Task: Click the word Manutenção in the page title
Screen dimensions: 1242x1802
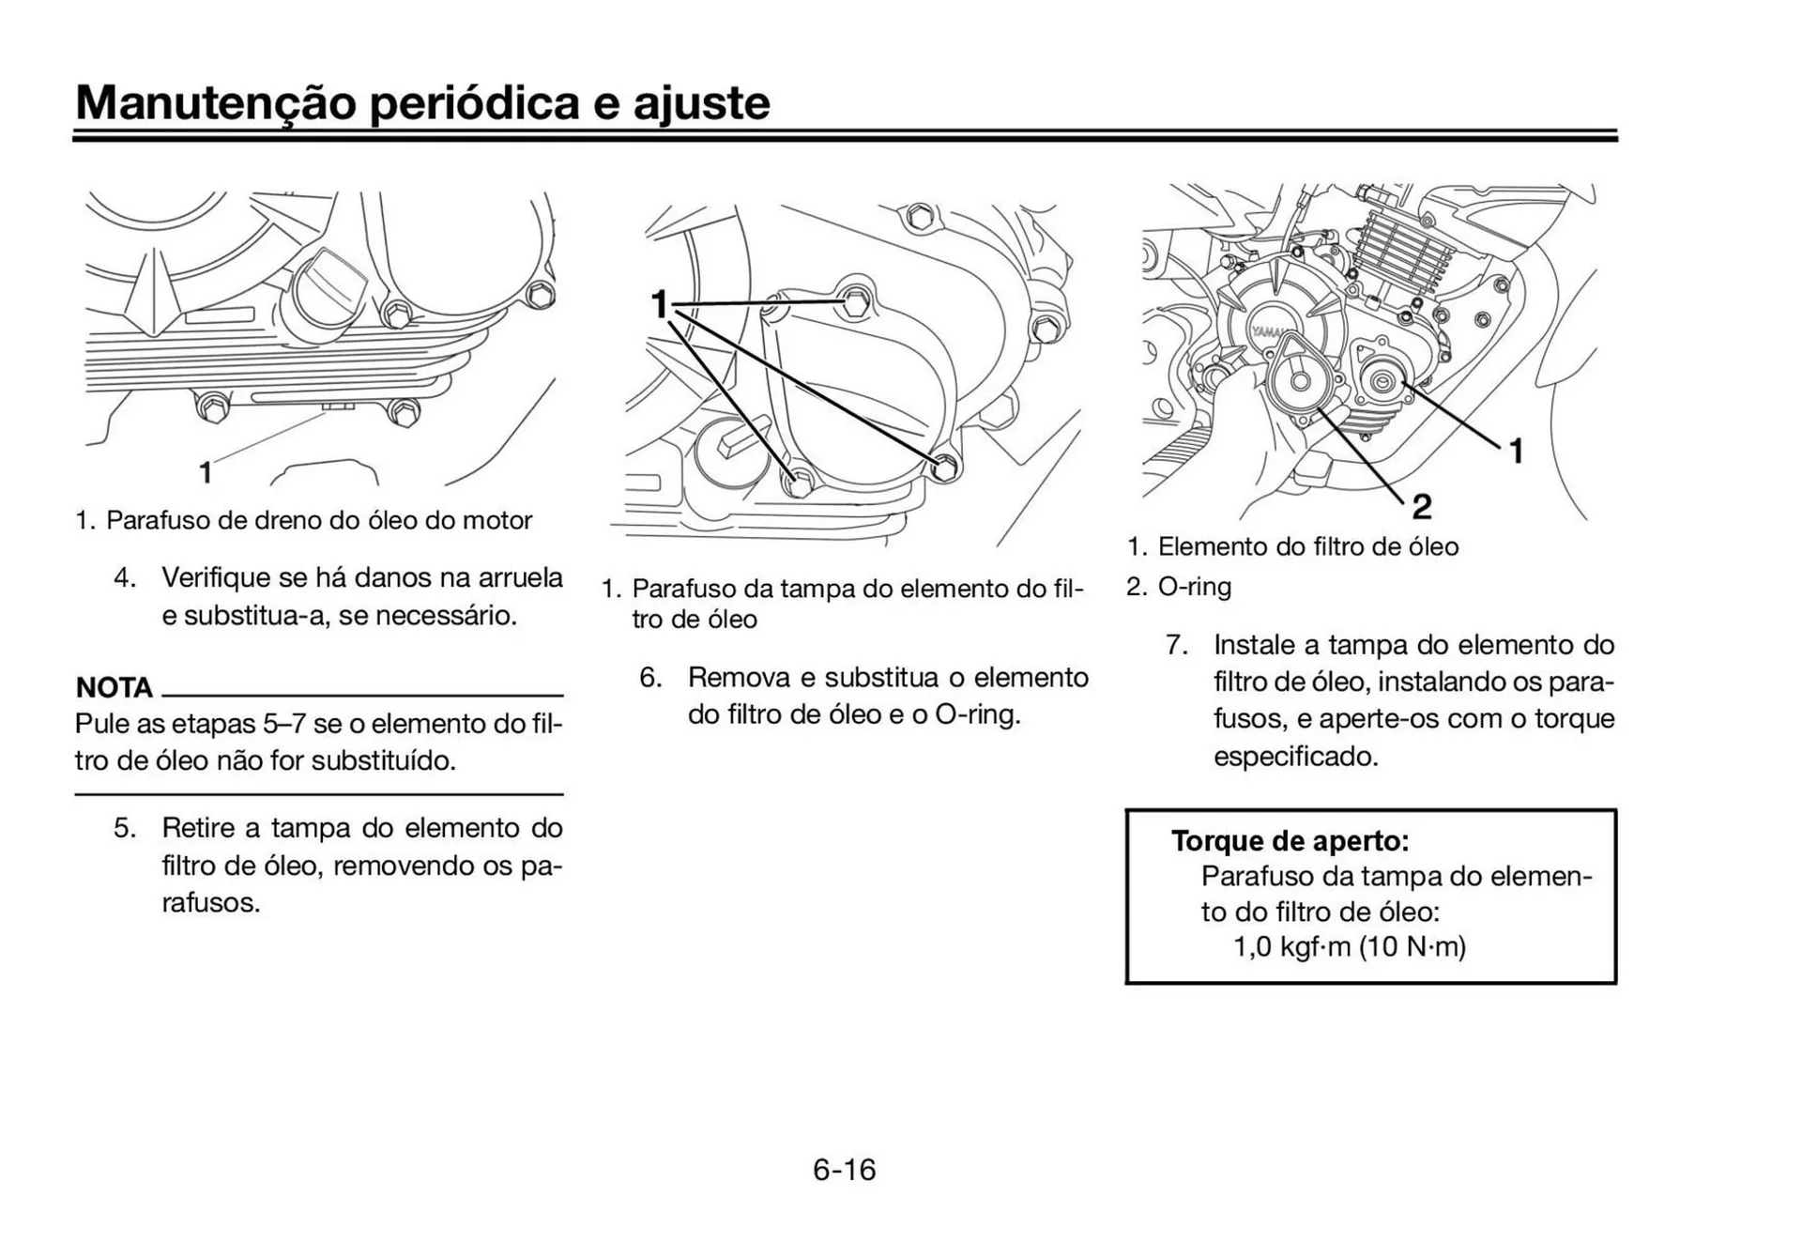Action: [215, 103]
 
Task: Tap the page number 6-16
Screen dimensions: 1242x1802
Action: [844, 1170]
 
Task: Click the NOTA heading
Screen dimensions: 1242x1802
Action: [114, 688]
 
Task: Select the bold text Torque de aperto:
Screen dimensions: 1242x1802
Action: [1290, 840]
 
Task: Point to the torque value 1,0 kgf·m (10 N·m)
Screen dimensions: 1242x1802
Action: [1349, 946]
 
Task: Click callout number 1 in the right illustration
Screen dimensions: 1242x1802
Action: [1516, 452]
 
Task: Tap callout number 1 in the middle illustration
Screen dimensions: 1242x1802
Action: [660, 304]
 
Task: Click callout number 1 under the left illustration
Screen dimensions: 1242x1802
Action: [205, 473]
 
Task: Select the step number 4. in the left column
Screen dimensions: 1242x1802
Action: [125, 577]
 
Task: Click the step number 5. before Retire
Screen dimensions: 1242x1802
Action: [125, 828]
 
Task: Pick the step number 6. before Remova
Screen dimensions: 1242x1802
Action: [650, 678]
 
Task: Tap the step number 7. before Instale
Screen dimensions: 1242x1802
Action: [1177, 645]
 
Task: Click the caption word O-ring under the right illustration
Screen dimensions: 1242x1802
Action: [1194, 587]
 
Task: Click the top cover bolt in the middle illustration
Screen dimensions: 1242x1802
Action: [855, 302]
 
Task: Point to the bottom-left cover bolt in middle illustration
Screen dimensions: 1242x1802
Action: [800, 483]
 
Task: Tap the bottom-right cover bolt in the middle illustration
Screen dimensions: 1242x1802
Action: [946, 466]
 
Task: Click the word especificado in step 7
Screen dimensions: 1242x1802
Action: [1295, 757]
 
